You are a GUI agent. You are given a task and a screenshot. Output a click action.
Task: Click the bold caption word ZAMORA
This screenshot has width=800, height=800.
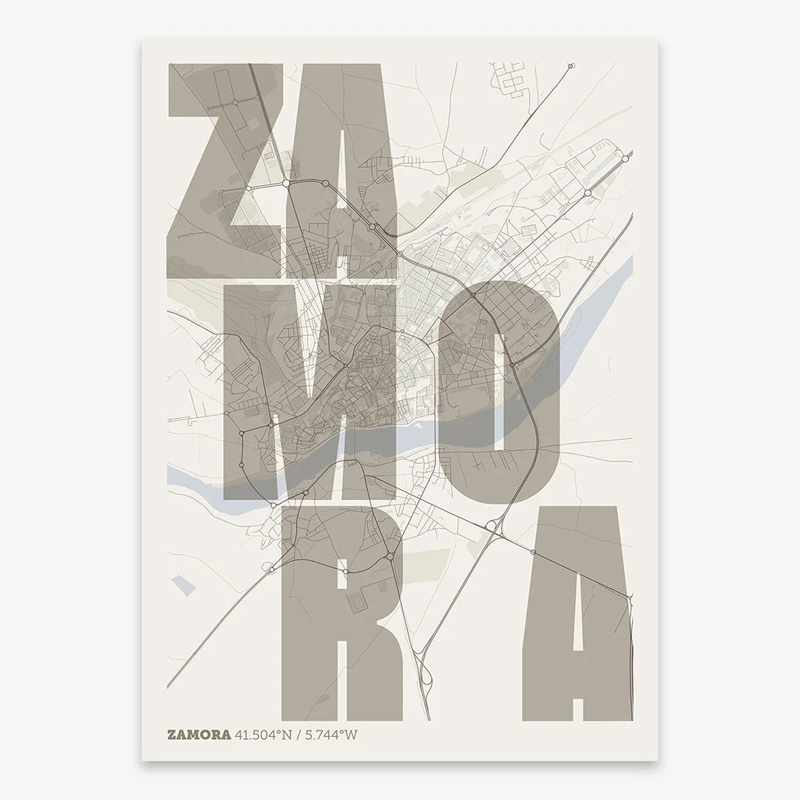coord(198,734)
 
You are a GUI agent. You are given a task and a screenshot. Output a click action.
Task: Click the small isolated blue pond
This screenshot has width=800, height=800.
coord(183,585)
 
